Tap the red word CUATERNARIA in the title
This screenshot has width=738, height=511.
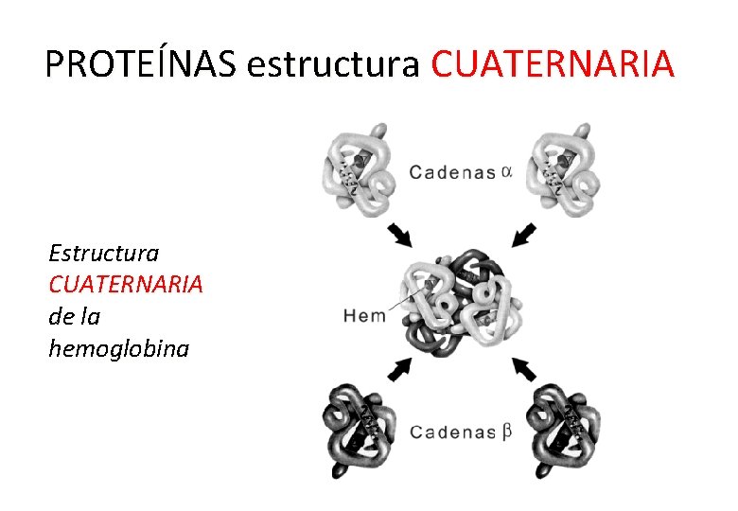(x=553, y=63)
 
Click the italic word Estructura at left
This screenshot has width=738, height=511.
(x=104, y=253)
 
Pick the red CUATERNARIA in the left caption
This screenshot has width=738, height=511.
(x=126, y=285)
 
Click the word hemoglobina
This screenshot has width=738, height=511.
(x=119, y=348)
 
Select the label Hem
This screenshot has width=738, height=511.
(x=365, y=315)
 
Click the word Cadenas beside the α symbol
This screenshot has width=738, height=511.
(x=452, y=172)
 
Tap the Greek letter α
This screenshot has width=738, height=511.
(x=507, y=171)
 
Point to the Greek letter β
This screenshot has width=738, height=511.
(x=507, y=431)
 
